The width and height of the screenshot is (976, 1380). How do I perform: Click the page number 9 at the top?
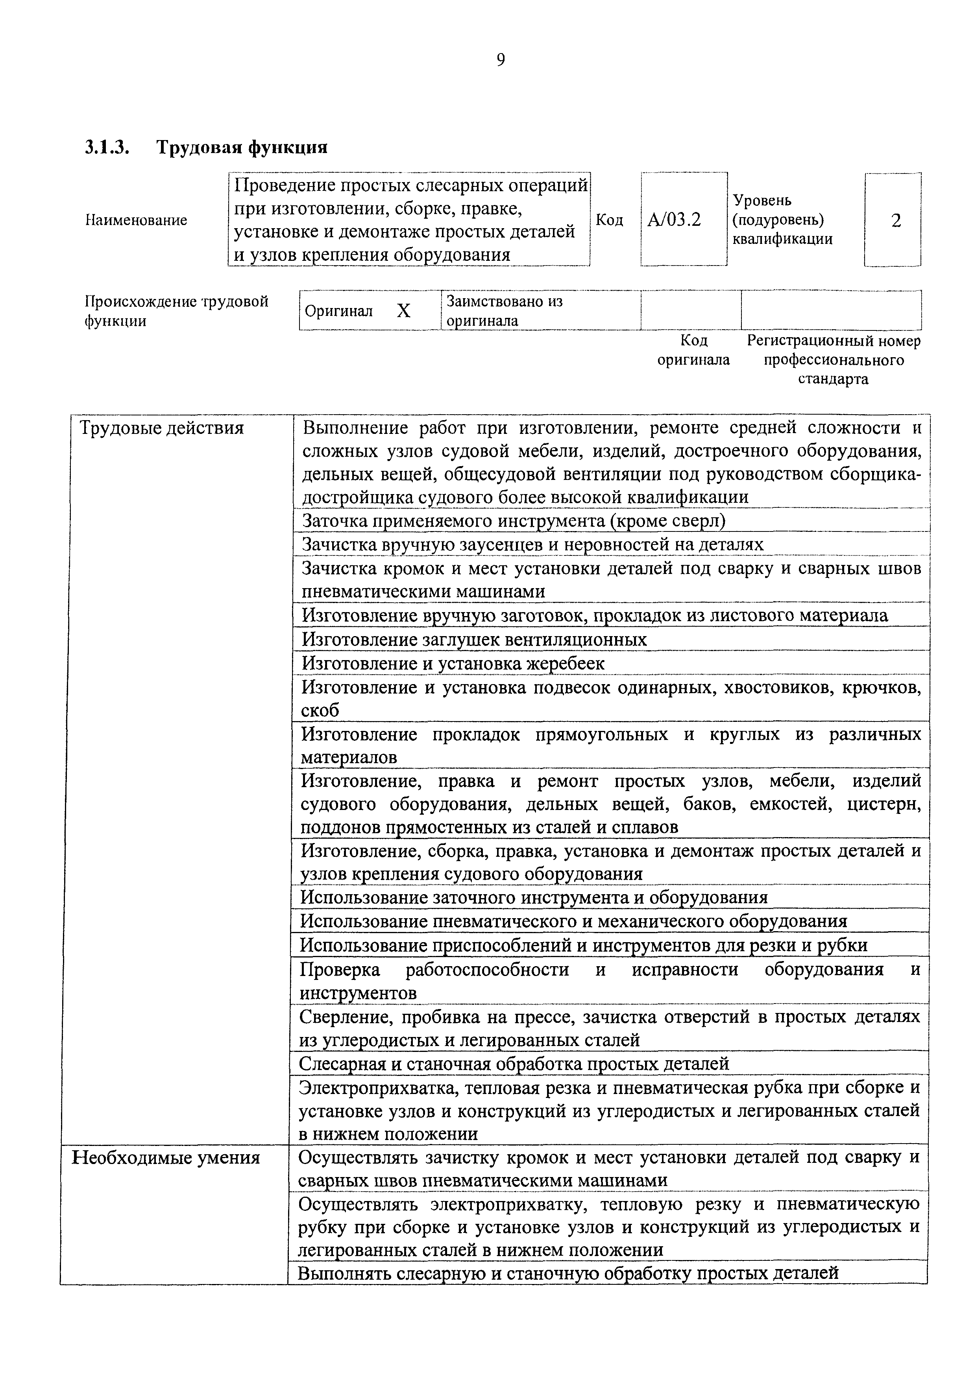pos(501,60)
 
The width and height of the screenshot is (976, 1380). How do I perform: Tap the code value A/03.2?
pos(674,220)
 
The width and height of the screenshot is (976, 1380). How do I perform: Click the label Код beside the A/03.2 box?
pos(609,220)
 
